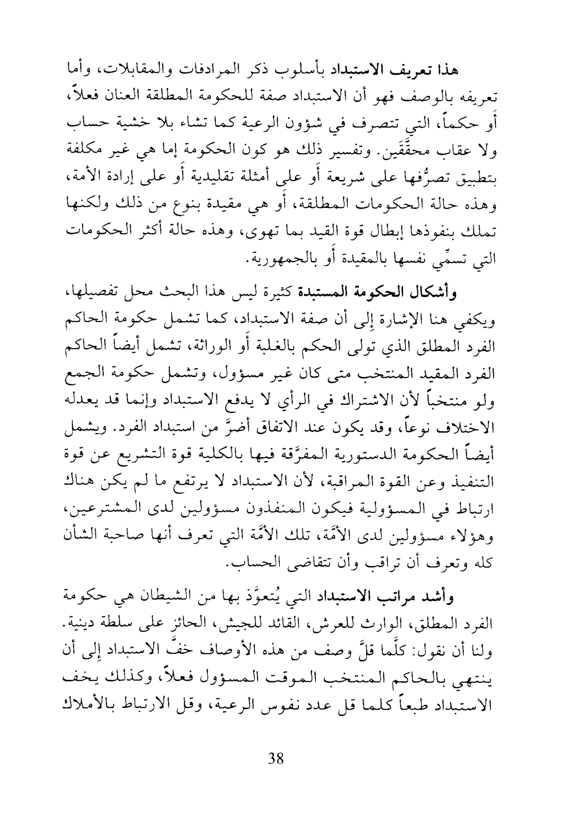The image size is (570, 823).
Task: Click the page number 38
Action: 275,759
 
